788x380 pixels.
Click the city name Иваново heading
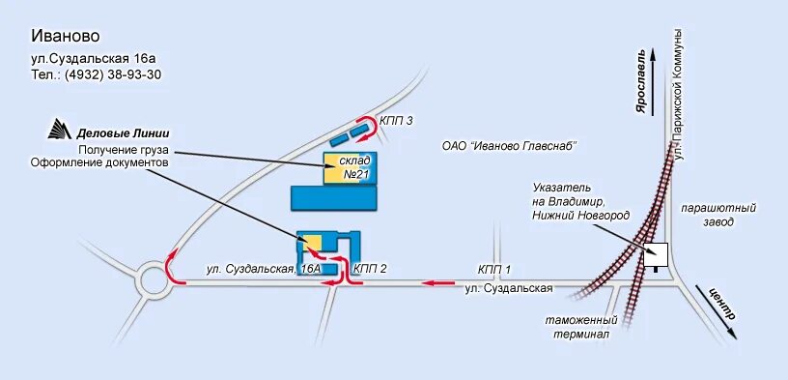click(x=66, y=37)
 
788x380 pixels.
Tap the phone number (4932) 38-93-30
click(x=97, y=74)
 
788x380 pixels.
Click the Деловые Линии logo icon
click(x=61, y=132)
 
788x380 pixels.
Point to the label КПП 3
click(x=397, y=120)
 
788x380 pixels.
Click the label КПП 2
click(x=371, y=268)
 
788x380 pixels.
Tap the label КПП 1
click(x=493, y=270)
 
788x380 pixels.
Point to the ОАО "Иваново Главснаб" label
click(x=509, y=146)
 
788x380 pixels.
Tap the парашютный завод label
click(x=718, y=215)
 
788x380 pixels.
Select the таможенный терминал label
click(x=580, y=327)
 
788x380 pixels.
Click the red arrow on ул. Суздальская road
click(x=440, y=283)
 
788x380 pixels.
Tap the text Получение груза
click(x=125, y=150)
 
